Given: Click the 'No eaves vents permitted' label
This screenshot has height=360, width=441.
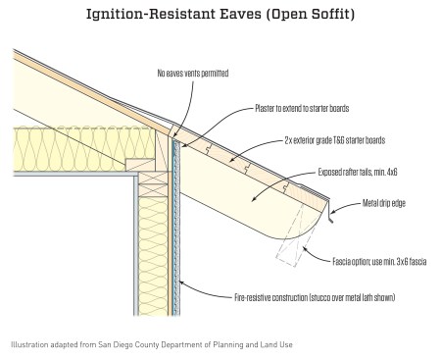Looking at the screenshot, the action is tap(193, 74).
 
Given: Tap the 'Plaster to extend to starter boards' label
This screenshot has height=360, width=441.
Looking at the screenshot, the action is tap(302, 108).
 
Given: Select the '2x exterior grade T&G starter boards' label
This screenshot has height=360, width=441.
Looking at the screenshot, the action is tap(335, 140).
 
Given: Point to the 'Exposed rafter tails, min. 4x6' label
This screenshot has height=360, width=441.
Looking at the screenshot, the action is tap(358, 172).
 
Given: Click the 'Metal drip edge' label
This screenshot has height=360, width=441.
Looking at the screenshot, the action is tap(384, 203).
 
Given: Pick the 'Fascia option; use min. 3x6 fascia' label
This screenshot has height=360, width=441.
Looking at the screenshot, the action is tap(379, 262).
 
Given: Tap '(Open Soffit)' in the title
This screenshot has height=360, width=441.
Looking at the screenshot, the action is tap(310, 15).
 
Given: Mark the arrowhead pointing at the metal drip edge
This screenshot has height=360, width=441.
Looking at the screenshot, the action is tap(333, 212).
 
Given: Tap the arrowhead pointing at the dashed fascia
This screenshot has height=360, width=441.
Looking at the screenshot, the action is tap(305, 248).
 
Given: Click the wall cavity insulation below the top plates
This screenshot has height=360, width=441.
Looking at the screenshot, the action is tap(153, 255).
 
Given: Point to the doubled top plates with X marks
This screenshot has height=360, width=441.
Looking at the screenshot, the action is tap(153, 183).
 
